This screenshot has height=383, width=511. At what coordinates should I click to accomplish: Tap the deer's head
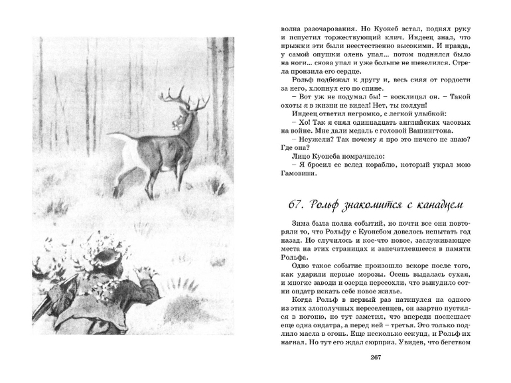click(x=178, y=119)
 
